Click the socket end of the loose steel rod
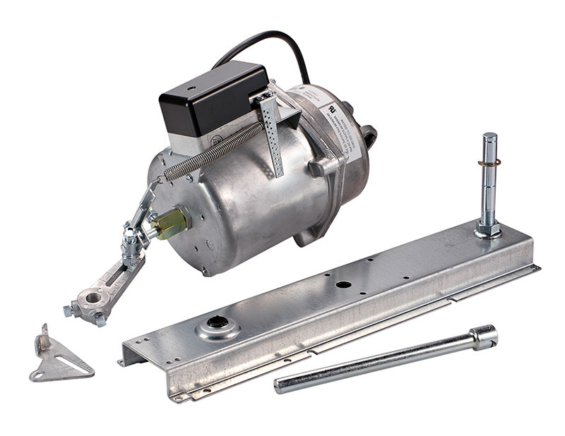coord(484,337)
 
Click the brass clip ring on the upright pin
coord(488,164)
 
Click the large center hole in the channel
coord(344,285)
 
